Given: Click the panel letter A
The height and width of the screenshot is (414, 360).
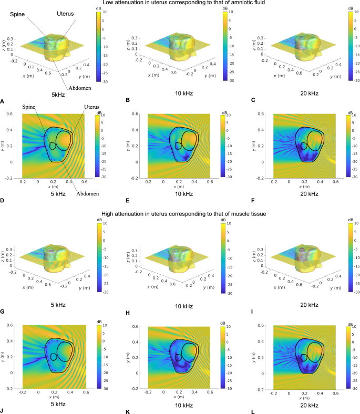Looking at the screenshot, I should (x=3, y=100).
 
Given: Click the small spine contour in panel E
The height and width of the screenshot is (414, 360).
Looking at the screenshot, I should (x=179, y=146).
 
